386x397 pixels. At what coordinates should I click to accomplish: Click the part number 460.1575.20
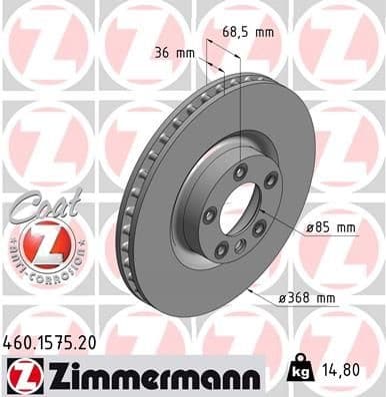point(57,341)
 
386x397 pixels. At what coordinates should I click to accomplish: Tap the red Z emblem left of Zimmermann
point(21,375)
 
